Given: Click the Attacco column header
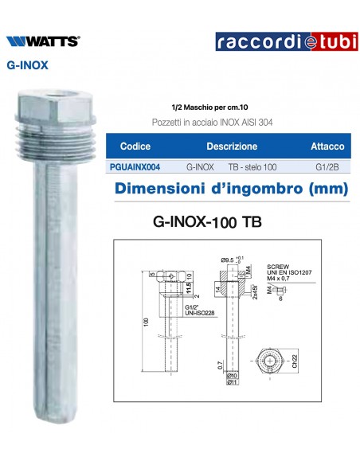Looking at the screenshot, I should click(327, 147).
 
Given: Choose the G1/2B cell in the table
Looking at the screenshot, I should click(326, 168).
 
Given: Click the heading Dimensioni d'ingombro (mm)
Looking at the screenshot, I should click(231, 190).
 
